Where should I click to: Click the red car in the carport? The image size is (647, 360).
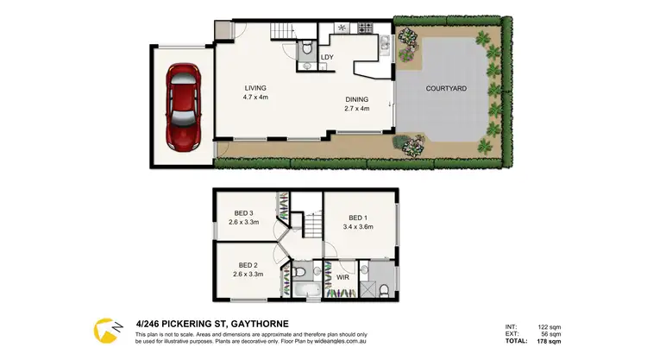183,105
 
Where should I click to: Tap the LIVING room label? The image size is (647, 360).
254,88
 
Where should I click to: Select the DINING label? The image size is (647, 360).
356,99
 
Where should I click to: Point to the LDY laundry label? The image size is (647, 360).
327,58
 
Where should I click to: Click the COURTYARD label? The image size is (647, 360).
446,88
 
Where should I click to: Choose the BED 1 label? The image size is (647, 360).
360,218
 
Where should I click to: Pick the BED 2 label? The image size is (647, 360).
248,265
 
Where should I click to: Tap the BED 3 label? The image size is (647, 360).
244,213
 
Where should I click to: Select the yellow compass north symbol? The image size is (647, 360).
106,330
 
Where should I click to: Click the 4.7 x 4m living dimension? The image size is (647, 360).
255,98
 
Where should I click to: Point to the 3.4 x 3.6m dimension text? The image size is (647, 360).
360,227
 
